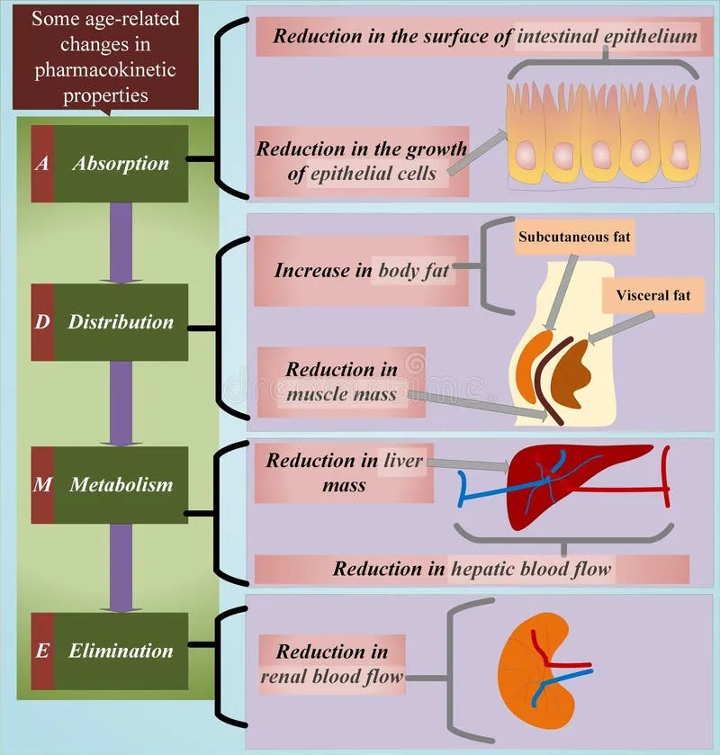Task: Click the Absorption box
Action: [x=121, y=164]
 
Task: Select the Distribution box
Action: [x=121, y=321]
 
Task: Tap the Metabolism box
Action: [x=121, y=484]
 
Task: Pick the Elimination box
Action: [x=121, y=650]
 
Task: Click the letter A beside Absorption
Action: [x=42, y=164]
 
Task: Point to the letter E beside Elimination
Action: [x=42, y=650]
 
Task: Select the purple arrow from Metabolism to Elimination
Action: [x=121, y=567]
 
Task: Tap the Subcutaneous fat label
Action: [x=575, y=238]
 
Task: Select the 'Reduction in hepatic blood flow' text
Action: [x=472, y=569]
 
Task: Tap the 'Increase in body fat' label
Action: [x=362, y=269]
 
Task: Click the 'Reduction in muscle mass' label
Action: [x=341, y=382]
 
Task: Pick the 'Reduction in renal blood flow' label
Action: [x=332, y=664]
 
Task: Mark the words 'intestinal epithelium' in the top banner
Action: [x=607, y=36]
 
